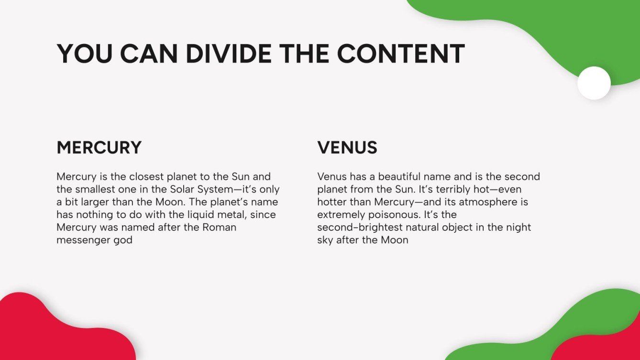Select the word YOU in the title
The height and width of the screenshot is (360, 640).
click(86, 54)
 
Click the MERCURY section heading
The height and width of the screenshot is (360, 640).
click(99, 148)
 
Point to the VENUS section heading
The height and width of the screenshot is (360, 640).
click(347, 148)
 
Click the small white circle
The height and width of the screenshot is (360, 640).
click(594, 83)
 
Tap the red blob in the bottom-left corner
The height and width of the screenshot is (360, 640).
click(53, 330)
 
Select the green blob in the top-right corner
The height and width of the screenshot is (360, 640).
click(550, 29)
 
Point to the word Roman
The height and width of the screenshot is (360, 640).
click(219, 227)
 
